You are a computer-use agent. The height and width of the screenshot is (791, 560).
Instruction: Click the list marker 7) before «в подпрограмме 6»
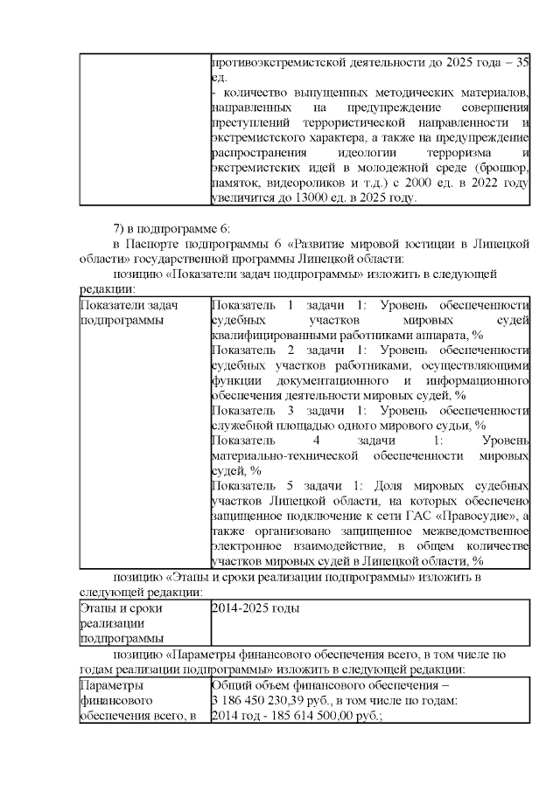(x=120, y=229)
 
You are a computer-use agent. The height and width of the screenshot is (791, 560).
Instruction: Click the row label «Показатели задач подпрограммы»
(x=116, y=313)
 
